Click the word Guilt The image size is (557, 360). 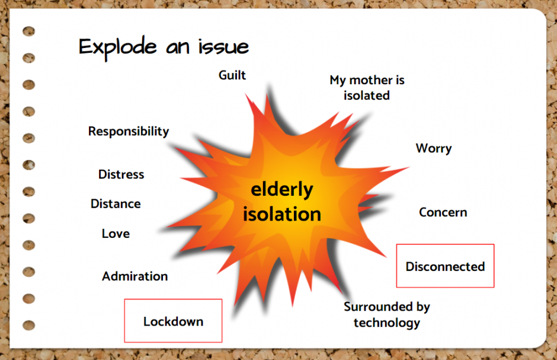232,75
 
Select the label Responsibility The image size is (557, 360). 129,132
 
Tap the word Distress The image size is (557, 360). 121,174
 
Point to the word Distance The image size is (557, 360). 116,203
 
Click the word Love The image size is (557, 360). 116,234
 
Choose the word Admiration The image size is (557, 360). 135,276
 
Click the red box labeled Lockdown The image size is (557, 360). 174,320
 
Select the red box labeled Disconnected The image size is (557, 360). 445,266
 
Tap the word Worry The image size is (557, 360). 434,148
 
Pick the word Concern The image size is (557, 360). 443,212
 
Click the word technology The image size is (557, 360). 387,323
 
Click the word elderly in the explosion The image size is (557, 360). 282,189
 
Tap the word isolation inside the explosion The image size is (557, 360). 282,214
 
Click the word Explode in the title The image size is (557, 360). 117,47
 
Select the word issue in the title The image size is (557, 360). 223,46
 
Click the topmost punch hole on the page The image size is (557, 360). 29,31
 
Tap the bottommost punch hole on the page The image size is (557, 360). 29,325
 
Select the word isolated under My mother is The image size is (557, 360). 367,95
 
